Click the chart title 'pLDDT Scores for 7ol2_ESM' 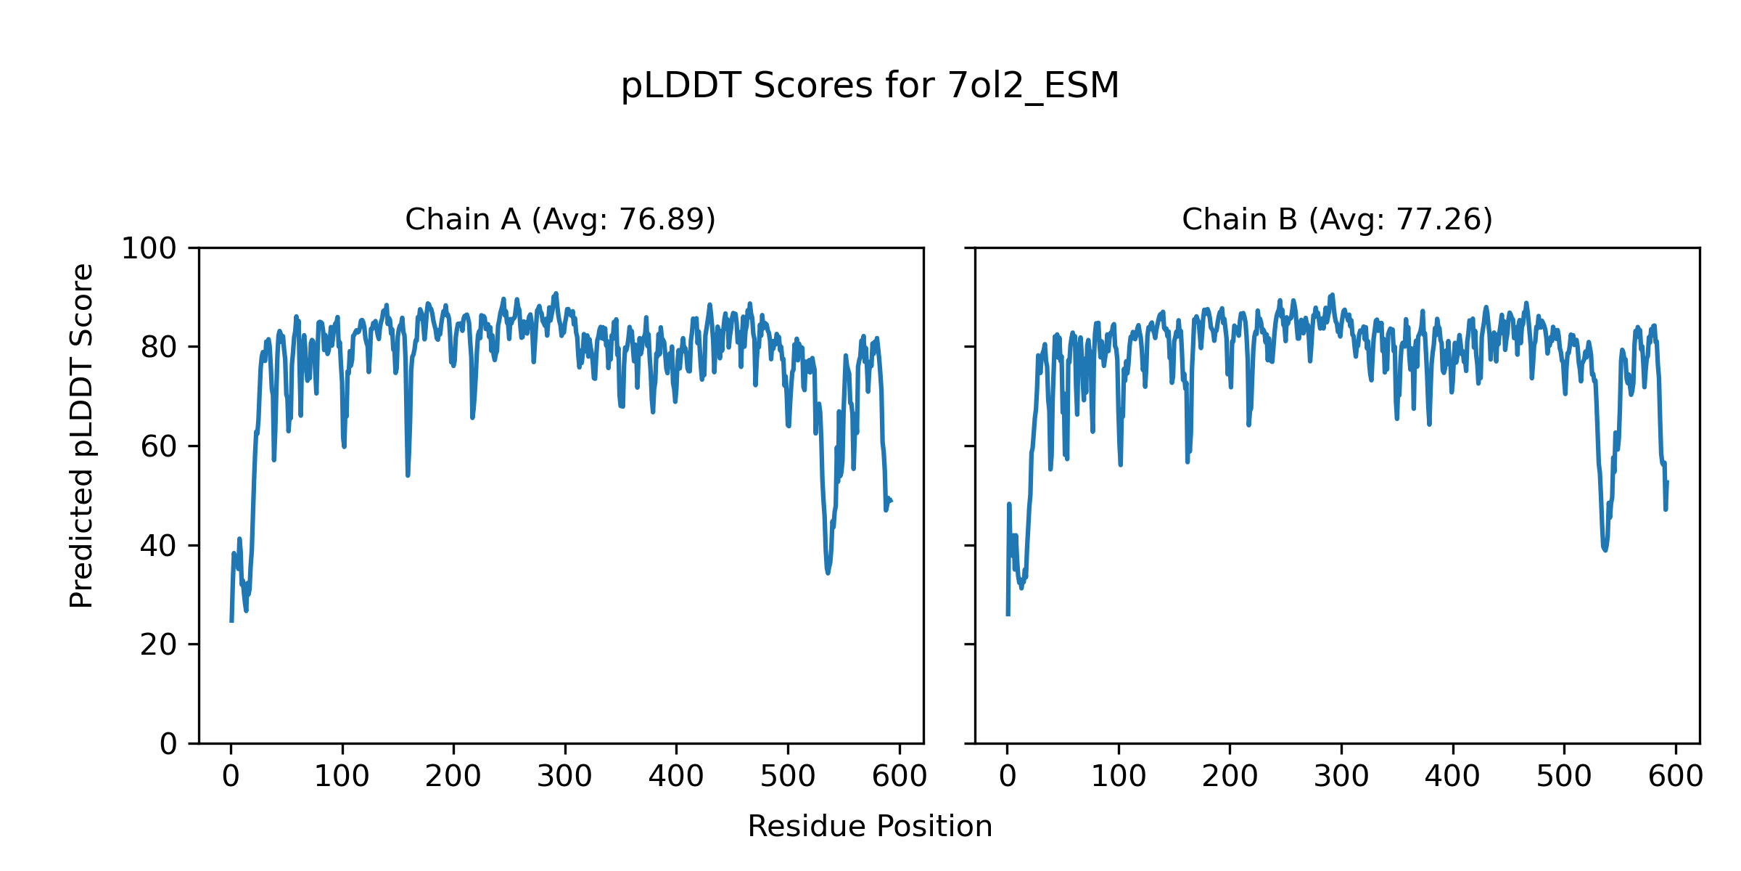click(870, 86)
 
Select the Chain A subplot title click(560, 219)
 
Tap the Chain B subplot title click(1337, 219)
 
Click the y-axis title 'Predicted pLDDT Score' click(82, 435)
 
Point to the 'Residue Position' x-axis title click(870, 827)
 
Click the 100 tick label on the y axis click(149, 249)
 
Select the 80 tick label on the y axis click(158, 348)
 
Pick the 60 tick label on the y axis click(158, 446)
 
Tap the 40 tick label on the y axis click(158, 546)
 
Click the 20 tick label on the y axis click(158, 645)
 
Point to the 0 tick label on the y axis click(168, 744)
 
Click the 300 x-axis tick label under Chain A click(564, 777)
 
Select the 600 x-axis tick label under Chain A click(899, 777)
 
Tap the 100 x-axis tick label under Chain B click(1119, 777)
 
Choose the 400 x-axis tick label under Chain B click(1452, 777)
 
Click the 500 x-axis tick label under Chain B click(1564, 777)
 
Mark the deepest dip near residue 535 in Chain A click(828, 573)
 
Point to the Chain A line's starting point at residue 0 click(231, 621)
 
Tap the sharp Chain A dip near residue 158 click(408, 475)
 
